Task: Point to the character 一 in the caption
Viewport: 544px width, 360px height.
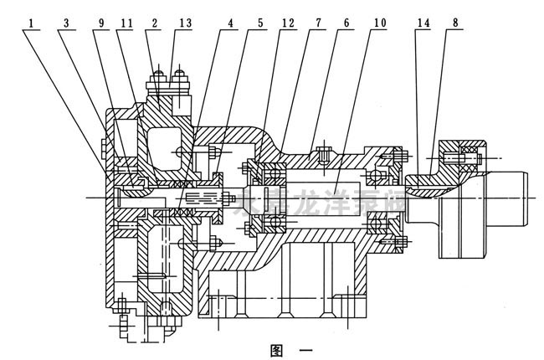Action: tap(303, 350)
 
